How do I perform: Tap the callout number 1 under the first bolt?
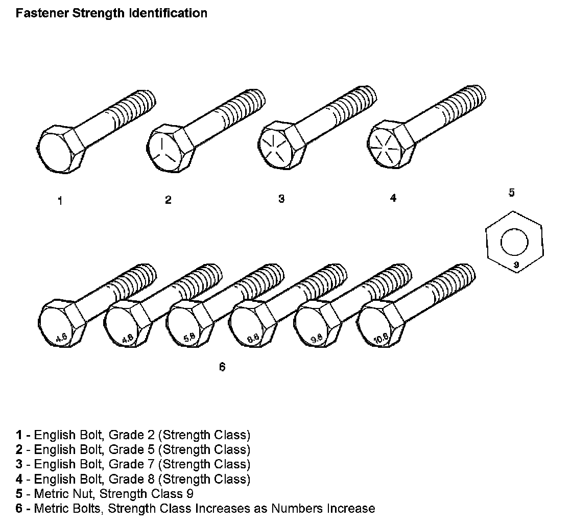pyautogui.click(x=60, y=201)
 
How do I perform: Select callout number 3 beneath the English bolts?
pyautogui.click(x=281, y=199)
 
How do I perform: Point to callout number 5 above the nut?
pyautogui.click(x=511, y=193)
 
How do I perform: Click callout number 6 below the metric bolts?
pyautogui.click(x=222, y=366)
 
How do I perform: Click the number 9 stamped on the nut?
pyautogui.click(x=515, y=265)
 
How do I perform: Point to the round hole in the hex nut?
pyautogui.click(x=515, y=241)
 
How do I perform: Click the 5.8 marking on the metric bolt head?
pyautogui.click(x=189, y=337)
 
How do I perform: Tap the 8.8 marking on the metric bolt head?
pyautogui.click(x=253, y=337)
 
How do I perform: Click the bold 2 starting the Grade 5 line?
pyautogui.click(x=19, y=450)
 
